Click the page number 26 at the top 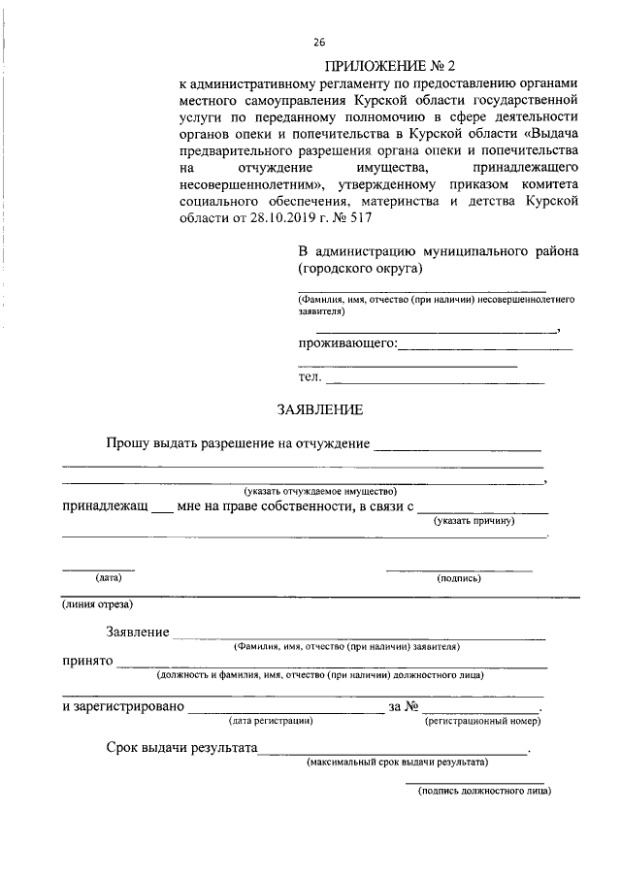[x=320, y=42]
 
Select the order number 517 [x=456, y=217]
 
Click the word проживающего [x=346, y=342]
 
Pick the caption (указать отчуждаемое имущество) [x=320, y=491]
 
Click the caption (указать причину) [x=474, y=522]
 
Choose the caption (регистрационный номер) [x=482, y=721]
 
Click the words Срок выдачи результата [x=180, y=749]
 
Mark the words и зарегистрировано [x=122, y=707]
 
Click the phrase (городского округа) [x=359, y=268]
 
